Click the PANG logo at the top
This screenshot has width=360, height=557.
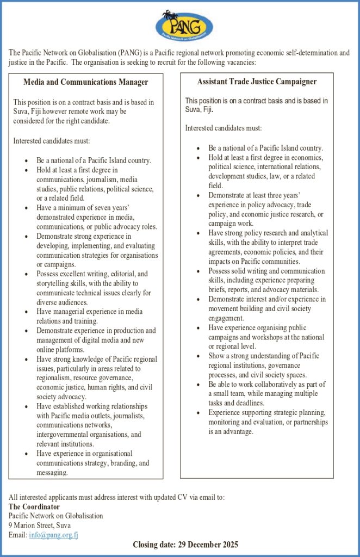184,24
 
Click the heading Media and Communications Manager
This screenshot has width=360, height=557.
86,82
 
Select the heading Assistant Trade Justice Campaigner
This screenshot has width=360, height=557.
257,82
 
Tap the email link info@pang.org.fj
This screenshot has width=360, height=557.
53,535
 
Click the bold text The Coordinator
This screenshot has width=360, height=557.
34,507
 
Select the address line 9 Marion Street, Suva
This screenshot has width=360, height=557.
40,525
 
